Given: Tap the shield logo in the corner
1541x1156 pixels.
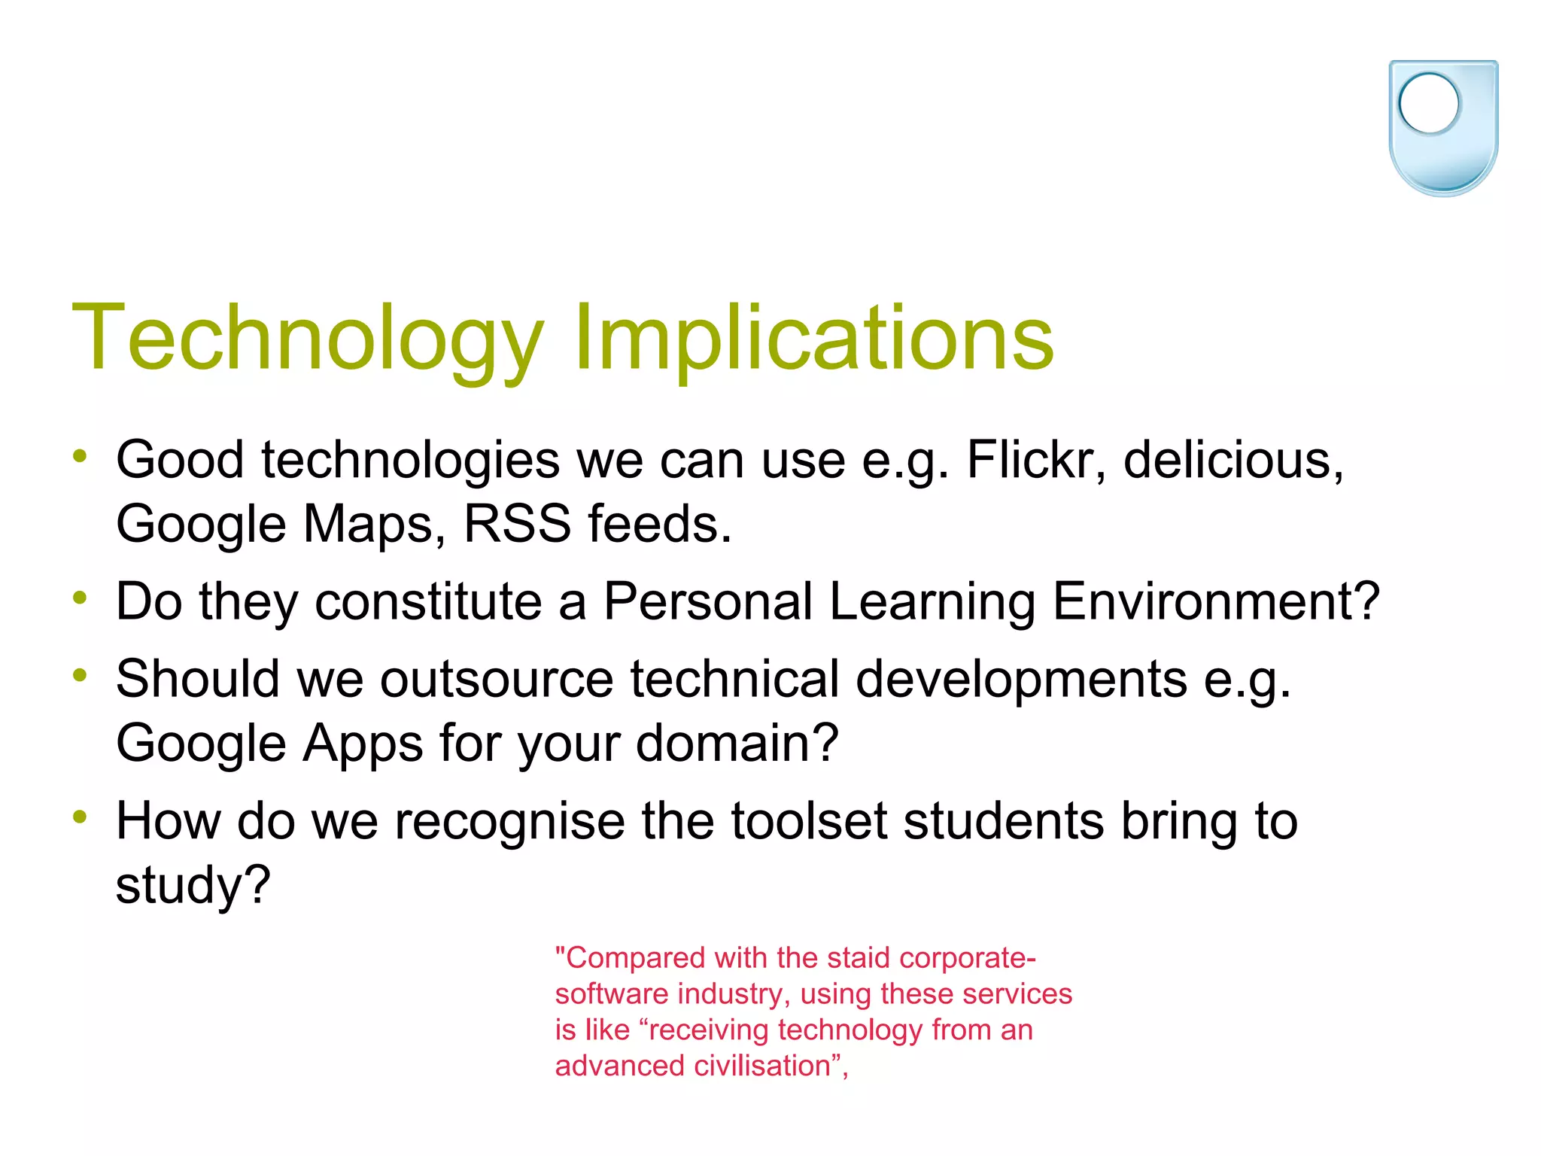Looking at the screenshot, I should coord(1443,128).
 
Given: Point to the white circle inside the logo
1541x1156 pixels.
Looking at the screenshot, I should coord(1429,103).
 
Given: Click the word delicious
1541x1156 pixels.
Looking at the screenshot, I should coord(1232,460).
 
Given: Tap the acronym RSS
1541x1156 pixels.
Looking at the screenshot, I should coord(517,524).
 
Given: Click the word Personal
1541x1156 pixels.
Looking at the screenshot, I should coord(708,601).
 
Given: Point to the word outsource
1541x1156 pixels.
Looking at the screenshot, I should coord(497,679).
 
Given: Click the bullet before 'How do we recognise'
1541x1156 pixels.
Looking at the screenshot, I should coord(80,817).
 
